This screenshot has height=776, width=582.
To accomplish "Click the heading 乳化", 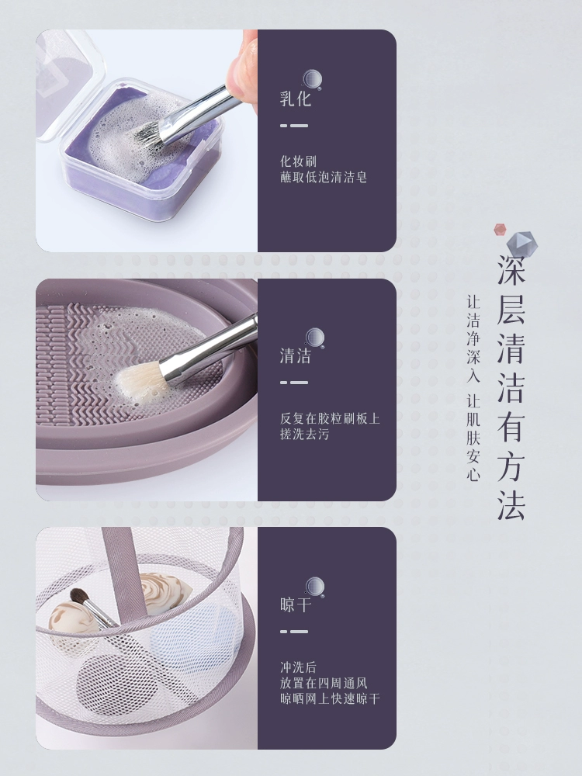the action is [296, 99].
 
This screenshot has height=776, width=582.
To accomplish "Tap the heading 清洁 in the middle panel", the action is [296, 356].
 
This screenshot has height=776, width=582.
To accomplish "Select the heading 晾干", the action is [296, 605].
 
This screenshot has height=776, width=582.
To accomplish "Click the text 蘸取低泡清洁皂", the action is [324, 177].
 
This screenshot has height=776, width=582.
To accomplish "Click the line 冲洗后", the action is [299, 667].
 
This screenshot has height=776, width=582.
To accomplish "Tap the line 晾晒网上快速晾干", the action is [330, 699].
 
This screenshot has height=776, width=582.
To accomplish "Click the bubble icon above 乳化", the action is [312, 80].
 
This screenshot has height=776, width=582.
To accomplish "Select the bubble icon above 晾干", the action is [315, 587].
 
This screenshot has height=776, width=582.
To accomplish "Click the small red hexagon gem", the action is [501, 229].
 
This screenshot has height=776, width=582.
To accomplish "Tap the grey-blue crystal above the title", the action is [521, 244].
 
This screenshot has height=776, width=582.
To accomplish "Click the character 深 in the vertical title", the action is [511, 270].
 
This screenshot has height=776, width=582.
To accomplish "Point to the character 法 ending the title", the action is [511, 506].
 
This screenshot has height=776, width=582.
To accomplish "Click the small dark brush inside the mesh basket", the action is [92, 608].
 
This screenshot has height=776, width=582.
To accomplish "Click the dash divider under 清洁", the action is [294, 383].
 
